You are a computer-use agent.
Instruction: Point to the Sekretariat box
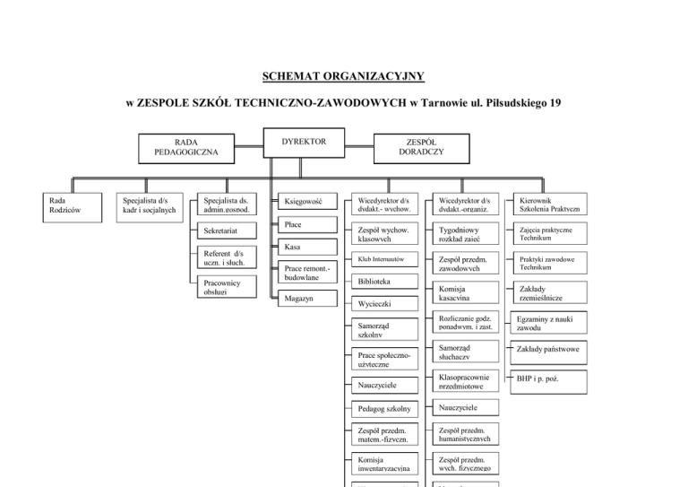(228, 232)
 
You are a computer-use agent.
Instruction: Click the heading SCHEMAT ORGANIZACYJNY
(343, 77)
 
